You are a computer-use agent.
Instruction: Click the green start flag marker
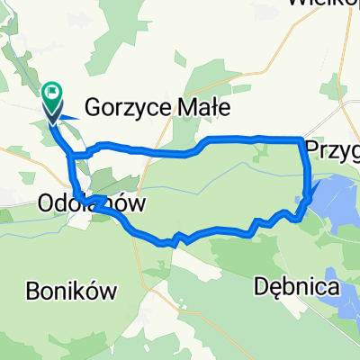[51, 91]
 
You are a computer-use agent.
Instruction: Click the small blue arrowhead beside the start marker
[73, 116]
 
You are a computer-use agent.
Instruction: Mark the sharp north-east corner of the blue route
[301, 139]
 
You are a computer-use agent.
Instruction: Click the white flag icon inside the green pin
[52, 89]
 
